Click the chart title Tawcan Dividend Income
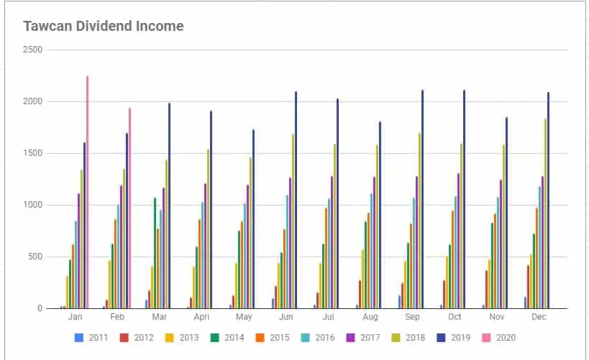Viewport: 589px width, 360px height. (x=104, y=27)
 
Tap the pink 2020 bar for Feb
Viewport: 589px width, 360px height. (x=130, y=208)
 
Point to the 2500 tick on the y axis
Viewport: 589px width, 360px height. (x=33, y=50)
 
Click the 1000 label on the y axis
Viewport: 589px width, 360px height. (x=33, y=205)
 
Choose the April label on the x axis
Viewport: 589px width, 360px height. (x=201, y=317)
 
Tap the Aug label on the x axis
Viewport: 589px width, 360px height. (x=370, y=317)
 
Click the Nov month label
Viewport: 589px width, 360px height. (x=497, y=317)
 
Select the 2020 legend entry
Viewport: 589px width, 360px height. (x=498, y=337)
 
